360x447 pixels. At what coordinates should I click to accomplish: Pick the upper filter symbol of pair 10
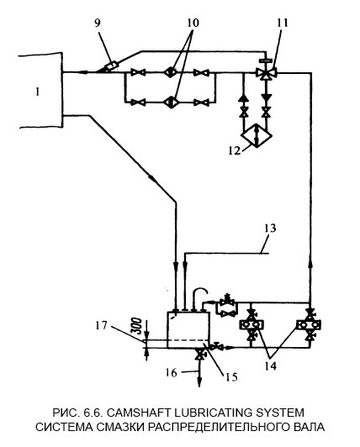pos(171,73)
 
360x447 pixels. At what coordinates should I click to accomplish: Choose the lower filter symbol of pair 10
pos(171,103)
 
